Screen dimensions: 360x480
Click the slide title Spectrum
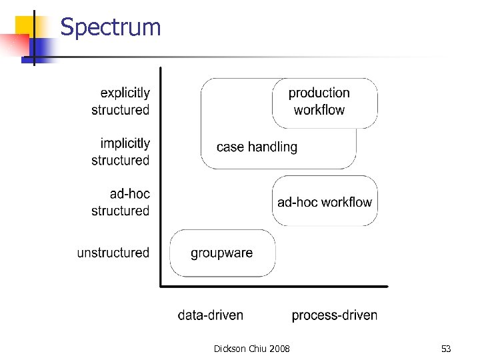point(111,27)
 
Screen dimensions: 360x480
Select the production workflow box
point(324,103)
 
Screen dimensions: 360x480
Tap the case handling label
point(257,147)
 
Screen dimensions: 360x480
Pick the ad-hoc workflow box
point(325,201)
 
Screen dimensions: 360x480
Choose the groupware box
point(222,253)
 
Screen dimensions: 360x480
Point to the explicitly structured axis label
point(121,101)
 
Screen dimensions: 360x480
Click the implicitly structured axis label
point(121,151)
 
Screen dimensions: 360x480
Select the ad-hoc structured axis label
point(121,202)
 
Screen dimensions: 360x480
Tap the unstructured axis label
point(113,253)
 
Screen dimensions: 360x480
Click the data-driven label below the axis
point(211,315)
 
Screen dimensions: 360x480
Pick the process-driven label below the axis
point(335,315)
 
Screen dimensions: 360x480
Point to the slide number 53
point(446,349)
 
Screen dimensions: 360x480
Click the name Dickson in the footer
point(229,349)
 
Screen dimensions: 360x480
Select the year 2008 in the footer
point(280,349)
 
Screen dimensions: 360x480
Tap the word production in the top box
point(319,93)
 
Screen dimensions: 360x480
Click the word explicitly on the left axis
point(125,93)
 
